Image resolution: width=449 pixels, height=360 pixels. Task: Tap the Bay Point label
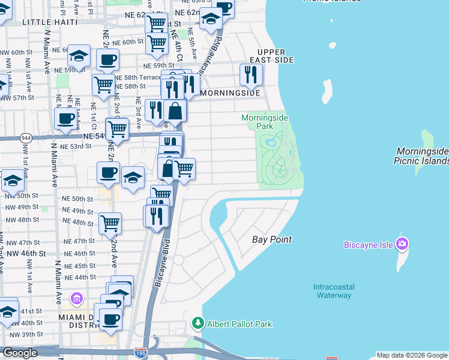tap(271, 239)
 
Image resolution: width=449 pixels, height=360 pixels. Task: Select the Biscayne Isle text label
tap(367, 244)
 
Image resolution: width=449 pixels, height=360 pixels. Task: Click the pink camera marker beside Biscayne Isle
tap(402, 244)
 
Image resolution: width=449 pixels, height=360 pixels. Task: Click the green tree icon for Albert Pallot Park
tap(197, 324)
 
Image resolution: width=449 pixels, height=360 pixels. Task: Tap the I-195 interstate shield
tap(140, 354)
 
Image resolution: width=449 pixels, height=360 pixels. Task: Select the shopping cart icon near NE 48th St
tap(110, 223)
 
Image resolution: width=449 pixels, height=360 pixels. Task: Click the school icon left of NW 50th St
tap(12, 179)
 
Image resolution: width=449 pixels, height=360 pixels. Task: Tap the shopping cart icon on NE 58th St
tap(103, 84)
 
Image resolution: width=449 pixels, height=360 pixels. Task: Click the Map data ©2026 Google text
tap(412, 355)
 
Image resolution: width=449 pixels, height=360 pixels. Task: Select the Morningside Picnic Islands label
tap(421, 157)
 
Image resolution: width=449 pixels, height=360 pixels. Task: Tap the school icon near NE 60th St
tap(78, 56)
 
